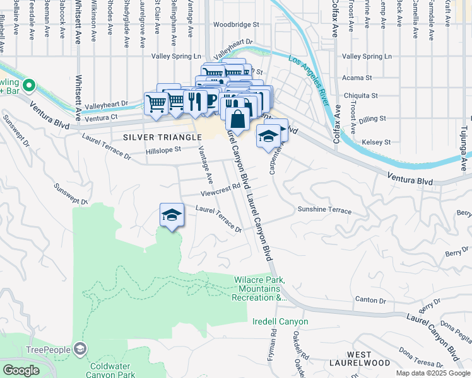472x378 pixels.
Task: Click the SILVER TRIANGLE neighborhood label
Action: point(154,137)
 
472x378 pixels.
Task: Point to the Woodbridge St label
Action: point(236,25)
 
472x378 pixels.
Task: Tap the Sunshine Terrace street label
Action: point(324,210)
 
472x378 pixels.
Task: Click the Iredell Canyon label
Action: point(280,322)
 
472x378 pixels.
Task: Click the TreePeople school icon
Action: point(80,348)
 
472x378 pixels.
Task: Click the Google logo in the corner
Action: point(21,370)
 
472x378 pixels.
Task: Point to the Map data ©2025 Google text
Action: point(432,373)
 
